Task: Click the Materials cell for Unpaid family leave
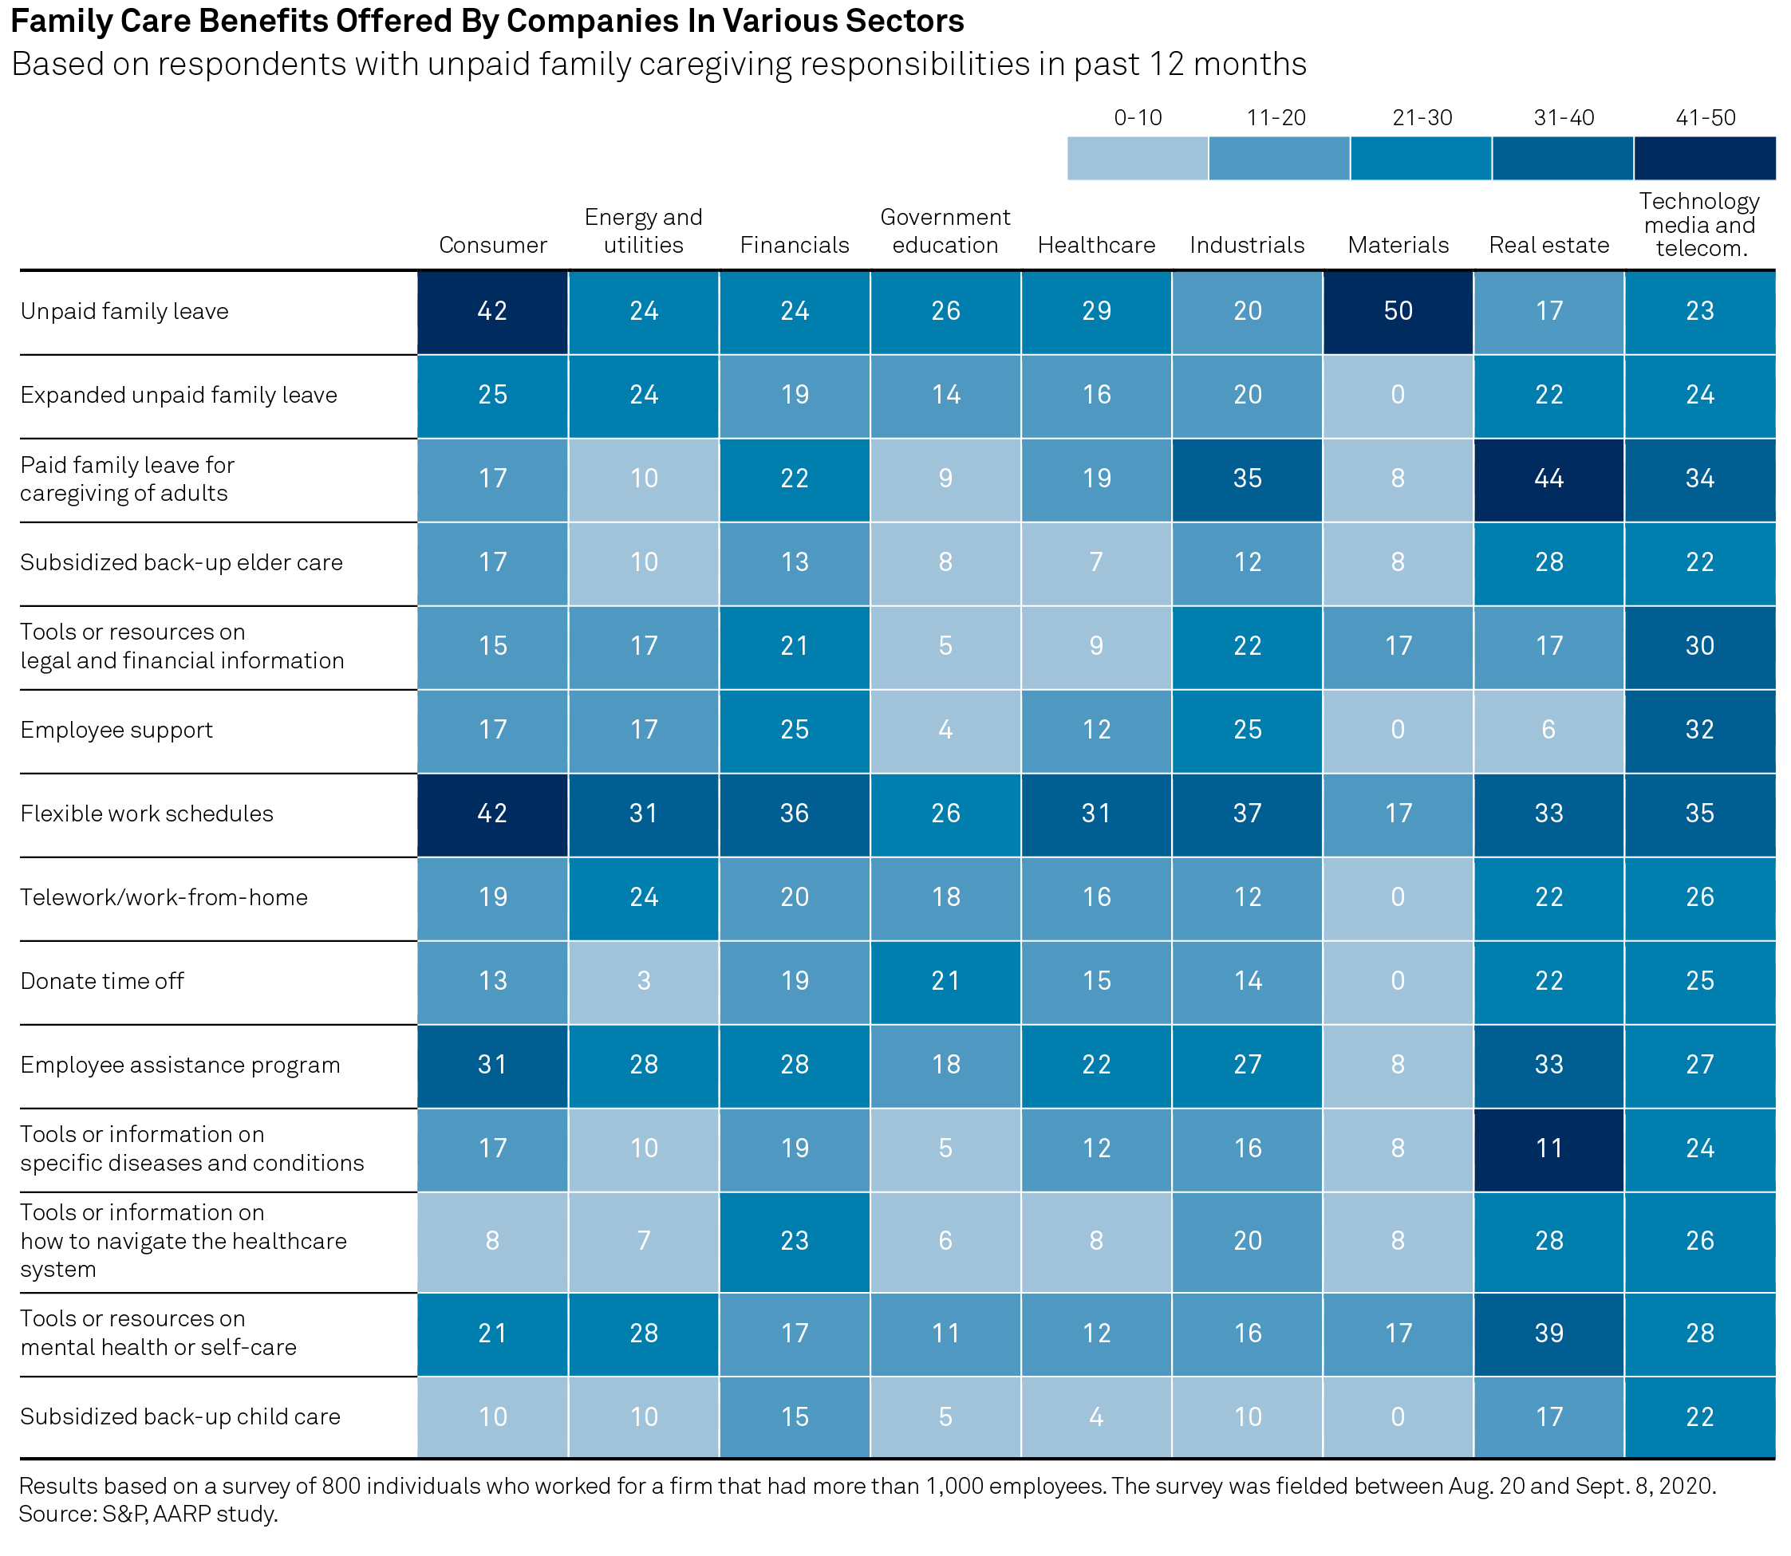1398,312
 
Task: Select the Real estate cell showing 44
1548,479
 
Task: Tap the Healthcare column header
1096,246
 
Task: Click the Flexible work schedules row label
147,814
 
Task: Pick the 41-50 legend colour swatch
1704,158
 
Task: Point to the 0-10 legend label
1137,118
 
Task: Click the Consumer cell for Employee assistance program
492,1066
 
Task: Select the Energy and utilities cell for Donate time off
644,981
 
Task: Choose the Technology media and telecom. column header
1699,225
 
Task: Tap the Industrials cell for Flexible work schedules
1247,814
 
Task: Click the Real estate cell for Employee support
1548,731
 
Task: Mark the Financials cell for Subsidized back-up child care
795,1417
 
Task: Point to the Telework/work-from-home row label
164,898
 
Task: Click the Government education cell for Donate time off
945,981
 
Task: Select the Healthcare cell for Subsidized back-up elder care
1096,562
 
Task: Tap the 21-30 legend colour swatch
1421,158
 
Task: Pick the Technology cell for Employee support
1700,731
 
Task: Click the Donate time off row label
102,982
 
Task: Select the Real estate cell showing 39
1548,1333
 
